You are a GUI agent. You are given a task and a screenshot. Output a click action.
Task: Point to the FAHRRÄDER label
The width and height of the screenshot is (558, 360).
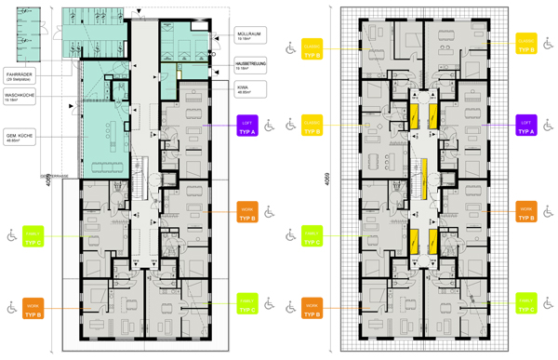click(21, 75)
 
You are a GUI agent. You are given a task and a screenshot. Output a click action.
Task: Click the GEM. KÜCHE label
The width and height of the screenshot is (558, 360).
click(21, 133)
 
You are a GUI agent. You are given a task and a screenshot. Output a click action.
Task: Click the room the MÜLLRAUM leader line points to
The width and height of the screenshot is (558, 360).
click(182, 41)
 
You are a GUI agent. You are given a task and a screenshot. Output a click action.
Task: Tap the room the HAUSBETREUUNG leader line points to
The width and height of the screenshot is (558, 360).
click(192, 72)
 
